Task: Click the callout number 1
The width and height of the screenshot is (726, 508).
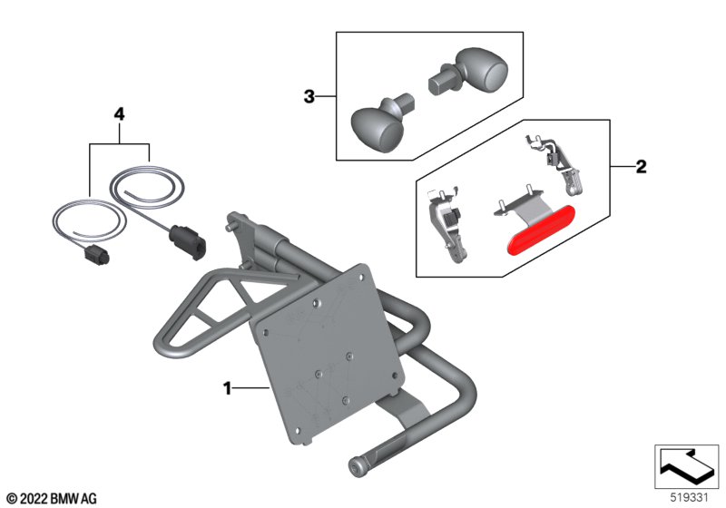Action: click(227, 388)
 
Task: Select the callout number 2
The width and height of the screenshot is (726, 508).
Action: click(641, 167)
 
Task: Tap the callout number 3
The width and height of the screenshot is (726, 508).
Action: click(309, 97)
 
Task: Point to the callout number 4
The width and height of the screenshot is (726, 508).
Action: click(120, 113)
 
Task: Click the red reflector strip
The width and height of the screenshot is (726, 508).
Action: click(541, 230)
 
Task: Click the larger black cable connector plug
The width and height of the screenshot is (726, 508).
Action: click(188, 241)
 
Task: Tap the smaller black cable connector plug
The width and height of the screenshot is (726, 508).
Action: click(96, 255)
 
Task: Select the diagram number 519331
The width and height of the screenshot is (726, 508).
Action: click(690, 498)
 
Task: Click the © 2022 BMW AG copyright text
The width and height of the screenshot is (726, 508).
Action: click(52, 499)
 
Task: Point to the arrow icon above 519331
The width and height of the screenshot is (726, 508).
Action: click(686, 466)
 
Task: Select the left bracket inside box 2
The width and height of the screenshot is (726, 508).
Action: click(446, 223)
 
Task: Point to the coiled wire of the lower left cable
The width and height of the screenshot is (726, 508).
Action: click(89, 220)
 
